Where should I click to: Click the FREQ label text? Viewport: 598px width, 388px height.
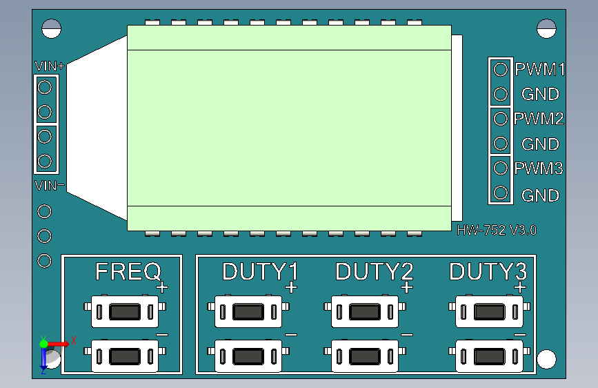(x=128, y=271)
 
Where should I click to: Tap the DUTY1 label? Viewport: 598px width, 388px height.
(x=259, y=271)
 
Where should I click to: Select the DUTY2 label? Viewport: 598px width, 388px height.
(x=374, y=271)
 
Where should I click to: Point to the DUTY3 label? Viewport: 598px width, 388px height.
(x=488, y=271)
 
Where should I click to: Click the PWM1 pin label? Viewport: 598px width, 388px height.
(x=540, y=70)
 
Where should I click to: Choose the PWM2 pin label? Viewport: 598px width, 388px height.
(x=539, y=119)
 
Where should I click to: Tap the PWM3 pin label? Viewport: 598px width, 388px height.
(x=539, y=168)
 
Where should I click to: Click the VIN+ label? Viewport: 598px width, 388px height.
(x=49, y=67)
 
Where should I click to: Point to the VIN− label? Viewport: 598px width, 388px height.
(x=50, y=185)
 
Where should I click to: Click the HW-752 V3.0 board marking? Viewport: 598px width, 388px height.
(x=497, y=231)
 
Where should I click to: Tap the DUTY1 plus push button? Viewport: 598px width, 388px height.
(x=249, y=312)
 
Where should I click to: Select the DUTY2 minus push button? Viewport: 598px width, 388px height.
(x=365, y=356)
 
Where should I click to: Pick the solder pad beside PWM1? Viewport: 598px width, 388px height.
(x=501, y=69)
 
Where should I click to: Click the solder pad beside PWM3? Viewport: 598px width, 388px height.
(x=501, y=168)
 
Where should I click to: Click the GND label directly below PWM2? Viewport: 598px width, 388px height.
(x=540, y=144)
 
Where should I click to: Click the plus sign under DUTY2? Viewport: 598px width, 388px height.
(x=406, y=287)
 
